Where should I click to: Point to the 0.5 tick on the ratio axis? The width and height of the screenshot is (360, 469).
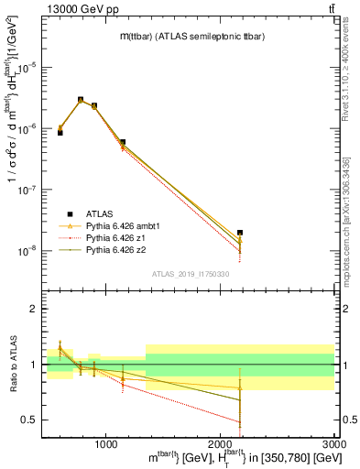coord(29,420)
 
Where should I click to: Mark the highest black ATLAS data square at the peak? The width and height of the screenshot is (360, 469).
coord(81,100)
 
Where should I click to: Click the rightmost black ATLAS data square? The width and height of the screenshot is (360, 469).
coord(240,233)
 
